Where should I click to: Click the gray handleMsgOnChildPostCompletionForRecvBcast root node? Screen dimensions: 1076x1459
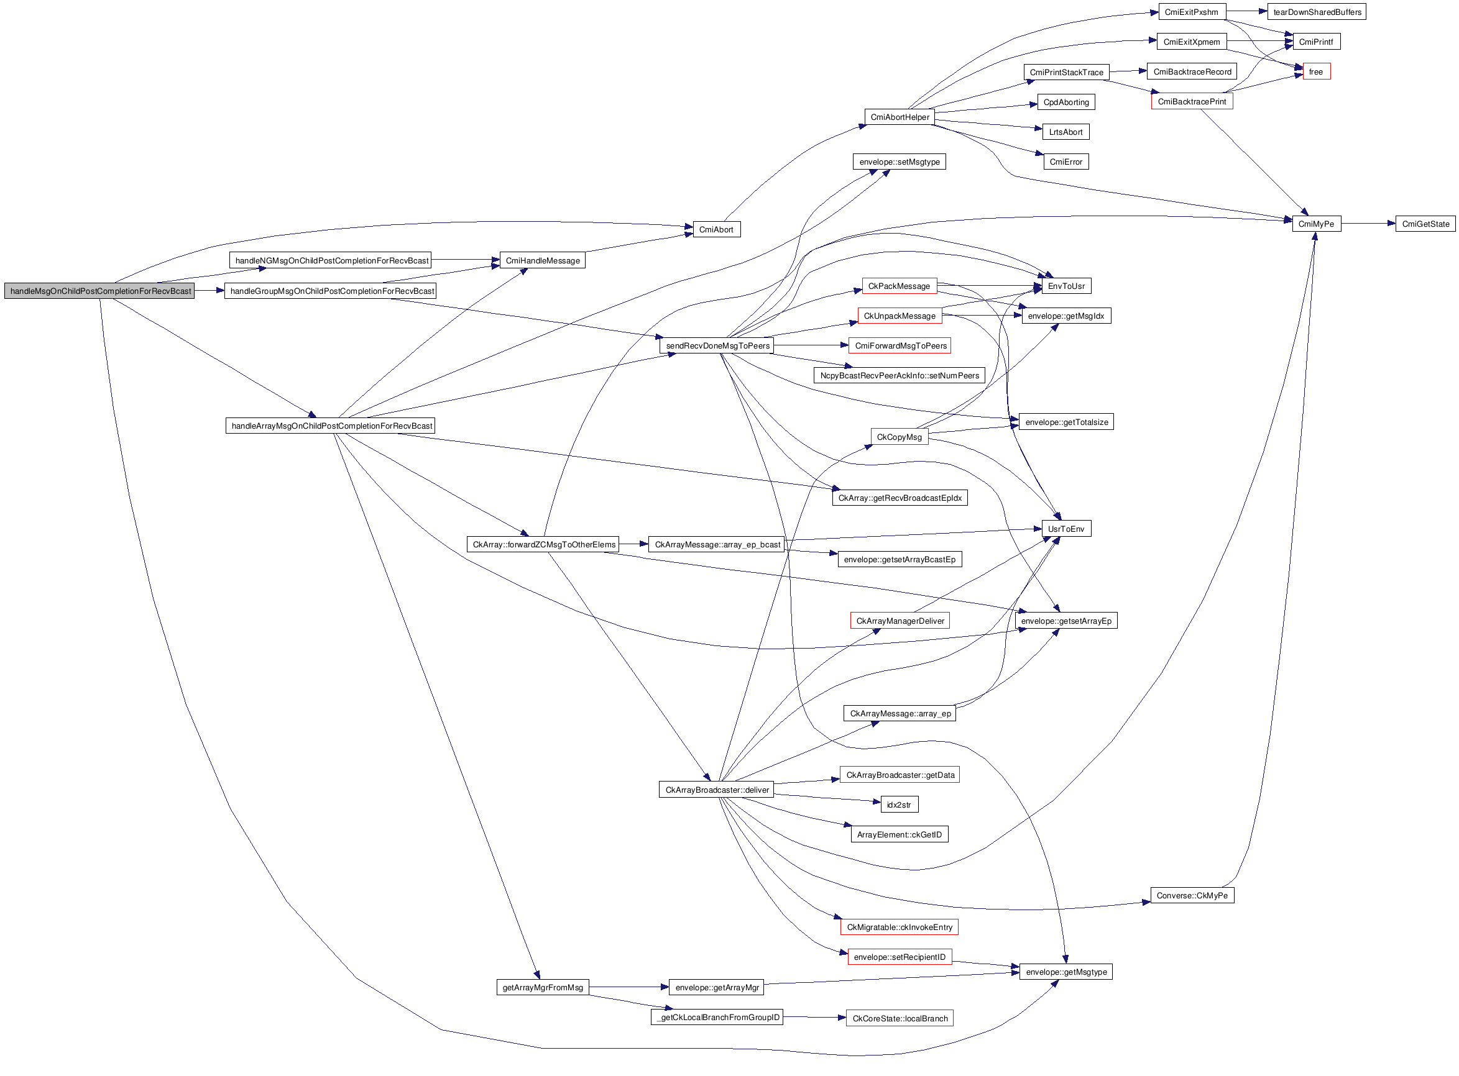99,291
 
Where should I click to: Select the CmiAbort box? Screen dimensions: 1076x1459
716,229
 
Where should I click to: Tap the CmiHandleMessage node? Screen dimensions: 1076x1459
542,260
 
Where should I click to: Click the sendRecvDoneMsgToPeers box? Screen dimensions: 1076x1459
717,346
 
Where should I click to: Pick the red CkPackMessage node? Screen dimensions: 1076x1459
899,286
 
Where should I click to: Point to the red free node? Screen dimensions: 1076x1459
1315,71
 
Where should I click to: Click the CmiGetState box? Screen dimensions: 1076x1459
1425,224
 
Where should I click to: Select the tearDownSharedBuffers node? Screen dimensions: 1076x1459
1316,12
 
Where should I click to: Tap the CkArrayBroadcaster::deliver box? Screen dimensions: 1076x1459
716,790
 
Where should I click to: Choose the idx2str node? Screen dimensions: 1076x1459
899,805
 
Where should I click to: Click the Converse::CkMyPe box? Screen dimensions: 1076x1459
1192,896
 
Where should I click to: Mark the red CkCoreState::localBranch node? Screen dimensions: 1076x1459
900,1019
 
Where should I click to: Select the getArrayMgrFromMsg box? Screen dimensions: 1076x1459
542,987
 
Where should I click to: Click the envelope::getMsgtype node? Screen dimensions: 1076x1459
1065,972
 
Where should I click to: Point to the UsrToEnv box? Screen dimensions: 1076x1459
1065,529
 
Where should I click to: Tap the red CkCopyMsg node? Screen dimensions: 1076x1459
899,437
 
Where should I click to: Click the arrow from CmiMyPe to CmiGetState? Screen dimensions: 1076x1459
1368,224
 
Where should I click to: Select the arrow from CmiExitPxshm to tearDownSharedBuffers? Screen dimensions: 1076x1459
1246,11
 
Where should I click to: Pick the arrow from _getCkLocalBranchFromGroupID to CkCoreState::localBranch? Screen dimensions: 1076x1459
814,1018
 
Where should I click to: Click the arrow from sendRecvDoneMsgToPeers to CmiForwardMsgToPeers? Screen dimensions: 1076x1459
811,345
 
